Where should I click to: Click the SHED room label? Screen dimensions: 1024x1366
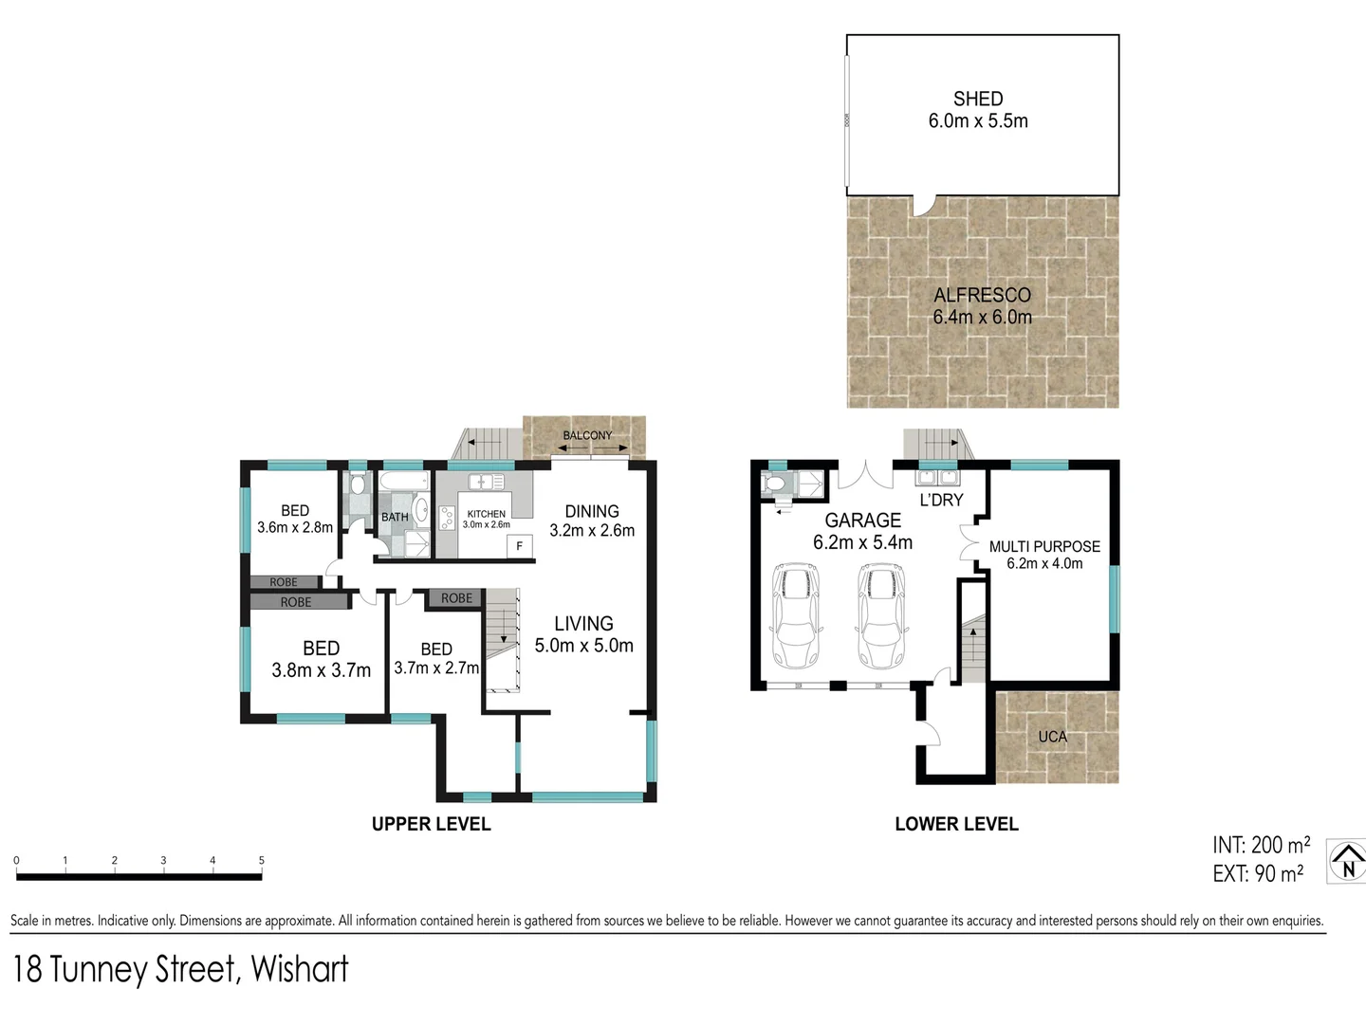pyautogui.click(x=977, y=99)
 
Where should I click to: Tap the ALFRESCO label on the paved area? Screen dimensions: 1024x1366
pyautogui.click(x=982, y=295)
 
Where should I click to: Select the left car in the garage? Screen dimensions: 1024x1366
pyautogui.click(x=795, y=616)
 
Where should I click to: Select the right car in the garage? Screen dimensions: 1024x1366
pyautogui.click(x=880, y=616)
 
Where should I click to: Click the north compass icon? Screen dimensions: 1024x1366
pyautogui.click(x=1347, y=862)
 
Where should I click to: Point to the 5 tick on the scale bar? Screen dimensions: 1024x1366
pyautogui.click(x=261, y=861)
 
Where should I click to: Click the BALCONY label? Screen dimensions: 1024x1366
pyautogui.click(x=587, y=435)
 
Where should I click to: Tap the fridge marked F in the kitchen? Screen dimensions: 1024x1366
pyautogui.click(x=519, y=546)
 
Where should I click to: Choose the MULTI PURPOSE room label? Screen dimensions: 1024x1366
pyautogui.click(x=1044, y=546)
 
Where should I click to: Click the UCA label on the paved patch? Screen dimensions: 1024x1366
pyautogui.click(x=1052, y=737)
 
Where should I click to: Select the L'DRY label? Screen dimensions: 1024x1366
pyautogui.click(x=941, y=500)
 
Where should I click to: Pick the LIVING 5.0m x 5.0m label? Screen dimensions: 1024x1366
pyautogui.click(x=583, y=634)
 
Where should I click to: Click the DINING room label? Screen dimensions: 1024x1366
pyautogui.click(x=592, y=511)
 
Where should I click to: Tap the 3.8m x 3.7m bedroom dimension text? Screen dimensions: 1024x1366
pyautogui.click(x=321, y=670)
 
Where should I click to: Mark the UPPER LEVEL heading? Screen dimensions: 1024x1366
pyautogui.click(x=431, y=824)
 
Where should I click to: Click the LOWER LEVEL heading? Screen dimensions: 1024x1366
pyautogui.click(x=956, y=824)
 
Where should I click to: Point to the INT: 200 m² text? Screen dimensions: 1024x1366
pyautogui.click(x=1261, y=845)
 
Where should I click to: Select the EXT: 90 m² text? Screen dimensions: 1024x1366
pyautogui.click(x=1258, y=873)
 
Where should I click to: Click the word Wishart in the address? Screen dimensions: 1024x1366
pyautogui.click(x=300, y=969)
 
